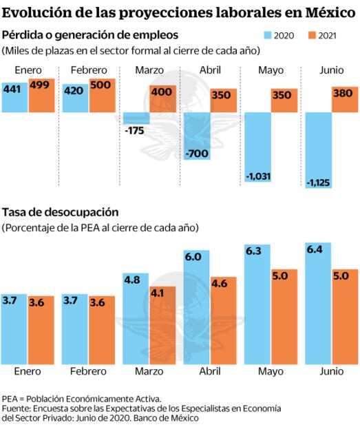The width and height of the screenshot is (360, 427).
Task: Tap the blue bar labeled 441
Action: [x=14, y=96]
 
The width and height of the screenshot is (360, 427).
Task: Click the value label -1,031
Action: [x=258, y=177]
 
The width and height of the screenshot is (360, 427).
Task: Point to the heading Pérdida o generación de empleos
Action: [x=89, y=35]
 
